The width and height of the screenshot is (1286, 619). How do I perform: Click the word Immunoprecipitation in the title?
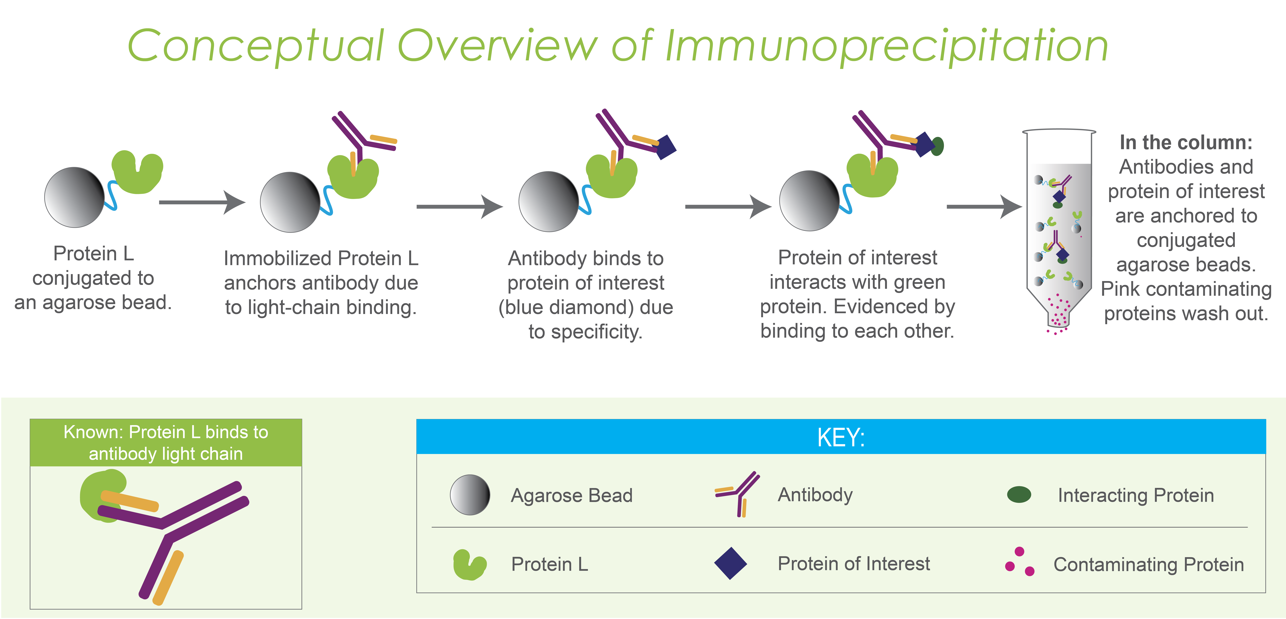(x=886, y=46)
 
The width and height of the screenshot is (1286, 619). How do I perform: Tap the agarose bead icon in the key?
(x=470, y=495)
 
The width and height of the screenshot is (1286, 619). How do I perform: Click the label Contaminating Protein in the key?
(x=1148, y=565)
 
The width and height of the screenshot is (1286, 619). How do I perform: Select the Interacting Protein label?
(x=1136, y=495)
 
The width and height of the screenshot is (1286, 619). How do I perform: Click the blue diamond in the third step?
(x=666, y=147)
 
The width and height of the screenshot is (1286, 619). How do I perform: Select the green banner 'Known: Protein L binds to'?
(x=166, y=443)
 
